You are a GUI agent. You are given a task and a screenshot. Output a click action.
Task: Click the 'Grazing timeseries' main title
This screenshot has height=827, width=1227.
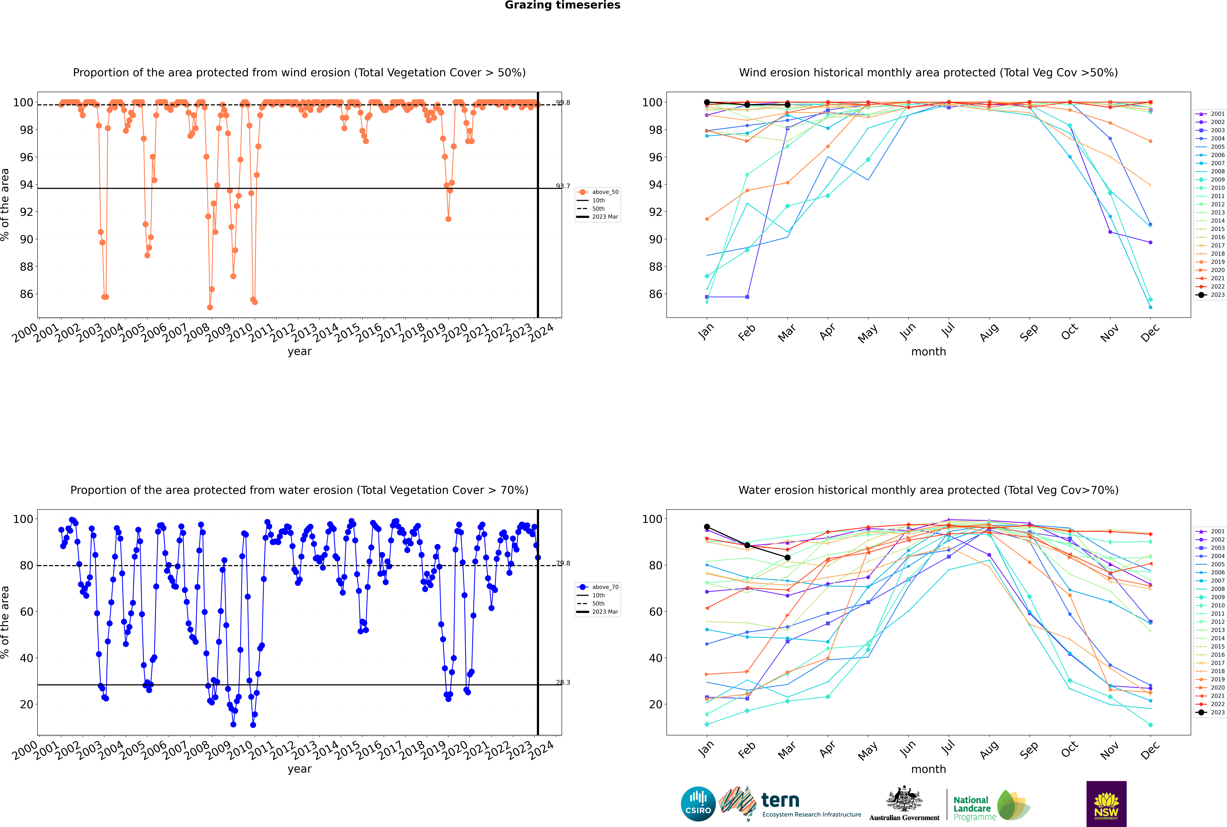pos(562,5)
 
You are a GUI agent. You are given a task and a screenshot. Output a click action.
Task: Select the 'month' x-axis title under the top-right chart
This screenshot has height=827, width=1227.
pos(928,352)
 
